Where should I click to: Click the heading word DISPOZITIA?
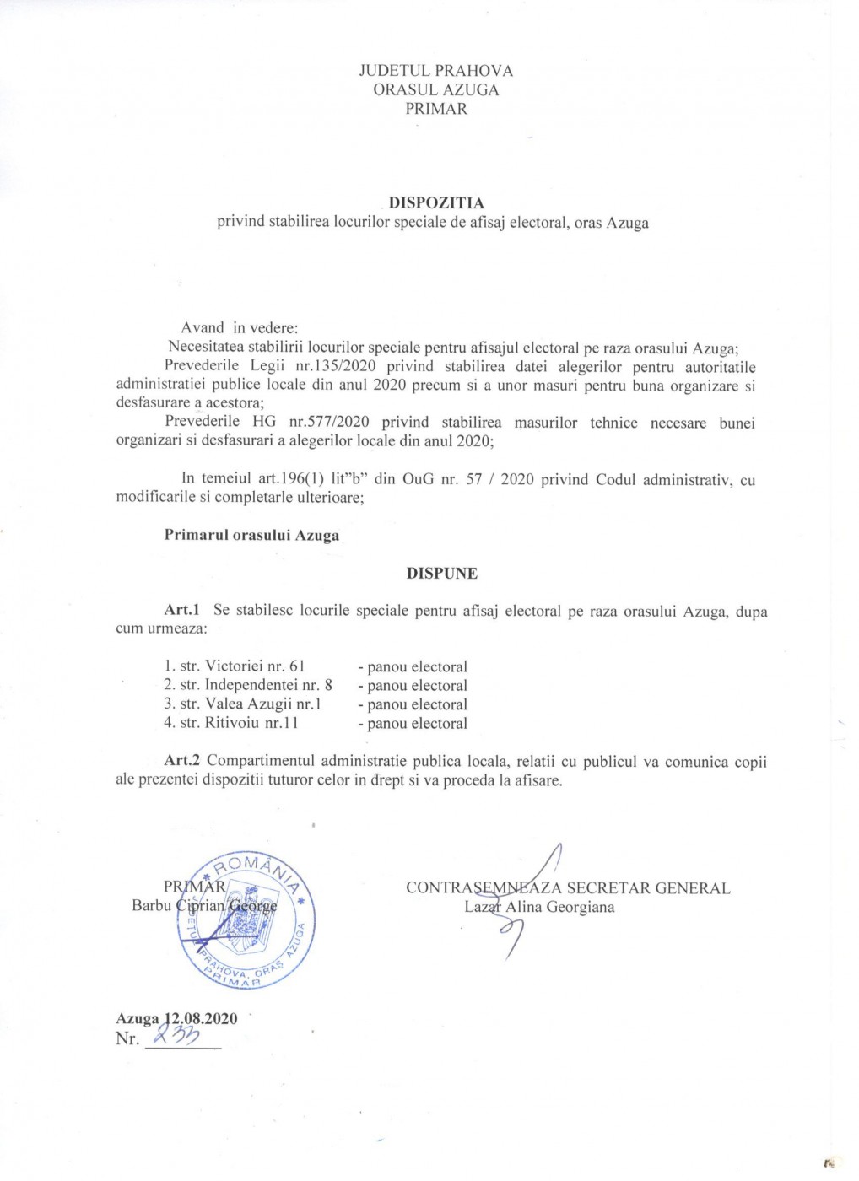(435, 203)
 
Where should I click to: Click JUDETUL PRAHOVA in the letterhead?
(435, 71)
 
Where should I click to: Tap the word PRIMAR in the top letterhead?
(435, 109)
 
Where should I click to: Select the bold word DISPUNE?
(441, 574)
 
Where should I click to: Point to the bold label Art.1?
(181, 610)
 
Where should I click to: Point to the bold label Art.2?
(181, 762)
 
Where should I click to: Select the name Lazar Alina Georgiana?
(539, 908)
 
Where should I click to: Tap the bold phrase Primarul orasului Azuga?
(251, 536)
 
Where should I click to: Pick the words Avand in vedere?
(239, 328)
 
